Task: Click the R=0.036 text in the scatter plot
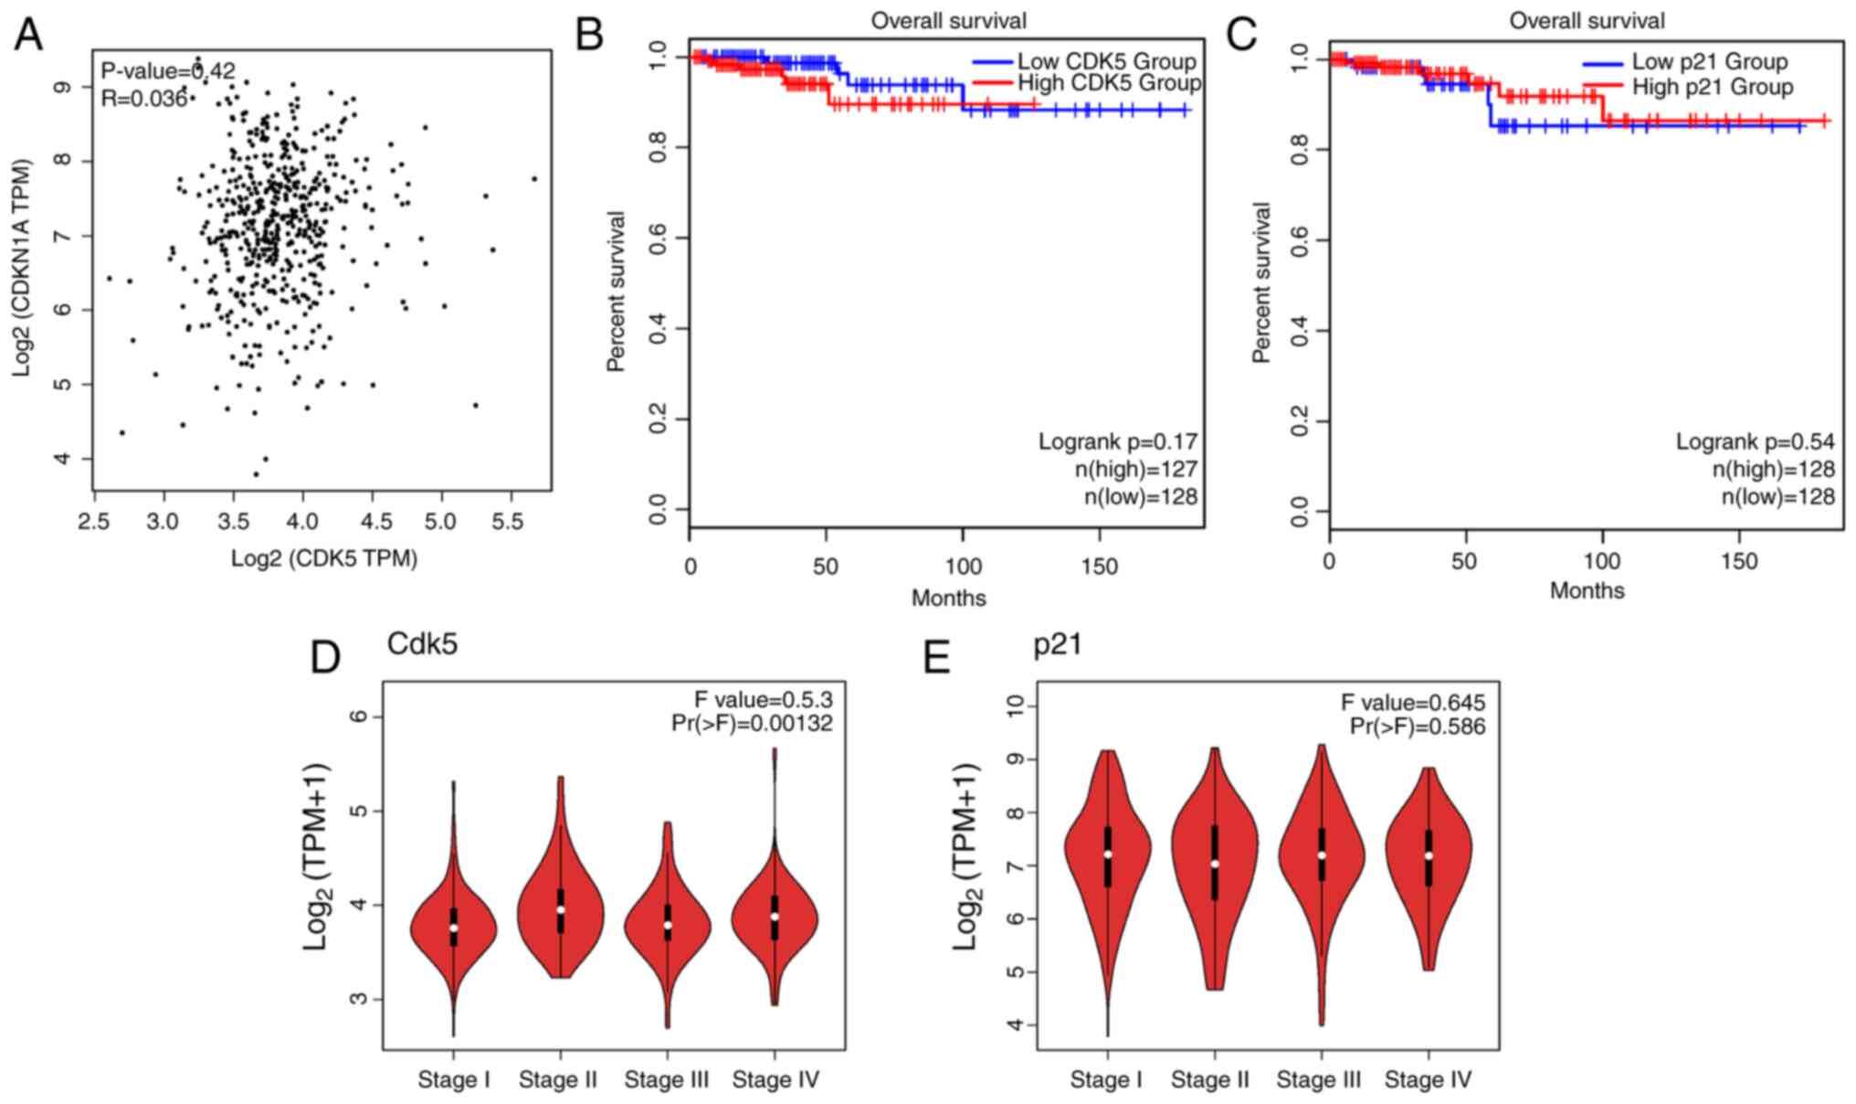coord(143,99)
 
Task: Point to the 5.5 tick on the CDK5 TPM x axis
coord(508,521)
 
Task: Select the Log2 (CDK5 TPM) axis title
coord(323,558)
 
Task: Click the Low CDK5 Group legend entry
coord(1106,62)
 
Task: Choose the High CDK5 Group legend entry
coord(1109,84)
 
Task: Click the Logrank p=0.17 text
coord(1117,442)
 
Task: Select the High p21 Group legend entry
coord(1713,88)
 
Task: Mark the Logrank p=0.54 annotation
coord(1755,442)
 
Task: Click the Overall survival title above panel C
coord(1587,20)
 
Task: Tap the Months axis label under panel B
coord(948,598)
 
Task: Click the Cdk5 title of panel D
coord(422,644)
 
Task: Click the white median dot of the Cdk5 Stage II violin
coord(560,910)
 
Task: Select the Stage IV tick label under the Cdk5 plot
coord(775,1080)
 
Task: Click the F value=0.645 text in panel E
coord(1412,703)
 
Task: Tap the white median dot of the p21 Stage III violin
coord(1321,855)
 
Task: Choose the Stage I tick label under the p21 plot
coord(1105,1080)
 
